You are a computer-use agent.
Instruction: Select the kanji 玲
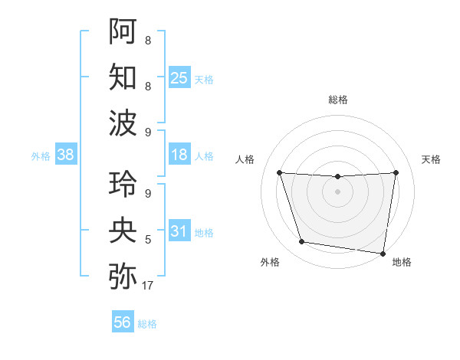click(x=123, y=185)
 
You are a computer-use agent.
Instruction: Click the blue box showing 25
click(x=179, y=78)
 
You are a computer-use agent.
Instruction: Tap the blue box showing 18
click(x=179, y=155)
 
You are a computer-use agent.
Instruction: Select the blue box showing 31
click(x=179, y=231)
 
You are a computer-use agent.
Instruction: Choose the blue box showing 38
click(x=65, y=155)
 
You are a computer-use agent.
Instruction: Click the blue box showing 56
click(x=122, y=323)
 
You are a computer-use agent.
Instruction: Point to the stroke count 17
click(x=148, y=286)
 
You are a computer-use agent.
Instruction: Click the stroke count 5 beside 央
click(x=147, y=240)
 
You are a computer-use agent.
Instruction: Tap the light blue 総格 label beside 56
click(x=147, y=324)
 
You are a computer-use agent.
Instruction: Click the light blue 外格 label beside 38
click(x=41, y=156)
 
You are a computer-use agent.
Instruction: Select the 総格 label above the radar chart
click(x=337, y=100)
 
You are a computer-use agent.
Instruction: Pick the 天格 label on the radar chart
click(x=431, y=159)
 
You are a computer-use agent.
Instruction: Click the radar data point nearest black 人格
click(x=279, y=172)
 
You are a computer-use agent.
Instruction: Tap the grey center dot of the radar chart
click(x=337, y=191)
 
